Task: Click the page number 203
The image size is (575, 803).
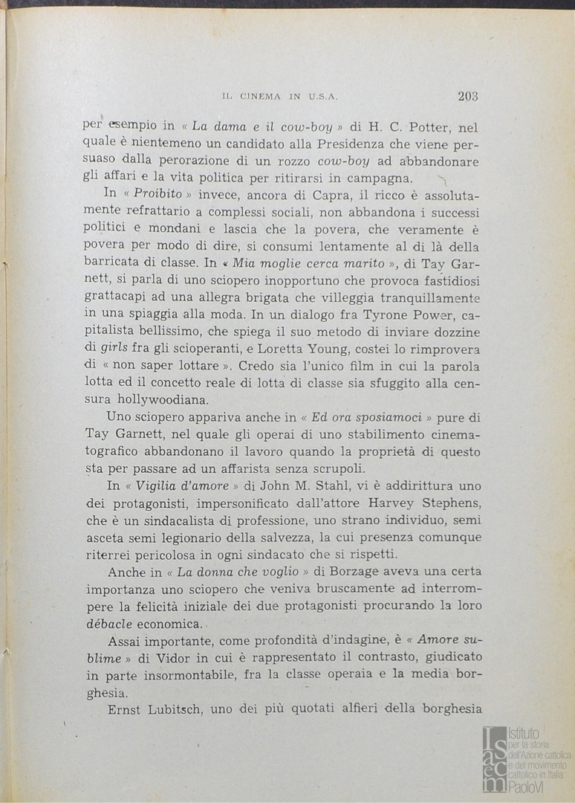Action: [468, 95]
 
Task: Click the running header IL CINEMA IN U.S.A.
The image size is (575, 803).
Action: [281, 97]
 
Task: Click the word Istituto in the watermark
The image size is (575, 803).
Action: [525, 734]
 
